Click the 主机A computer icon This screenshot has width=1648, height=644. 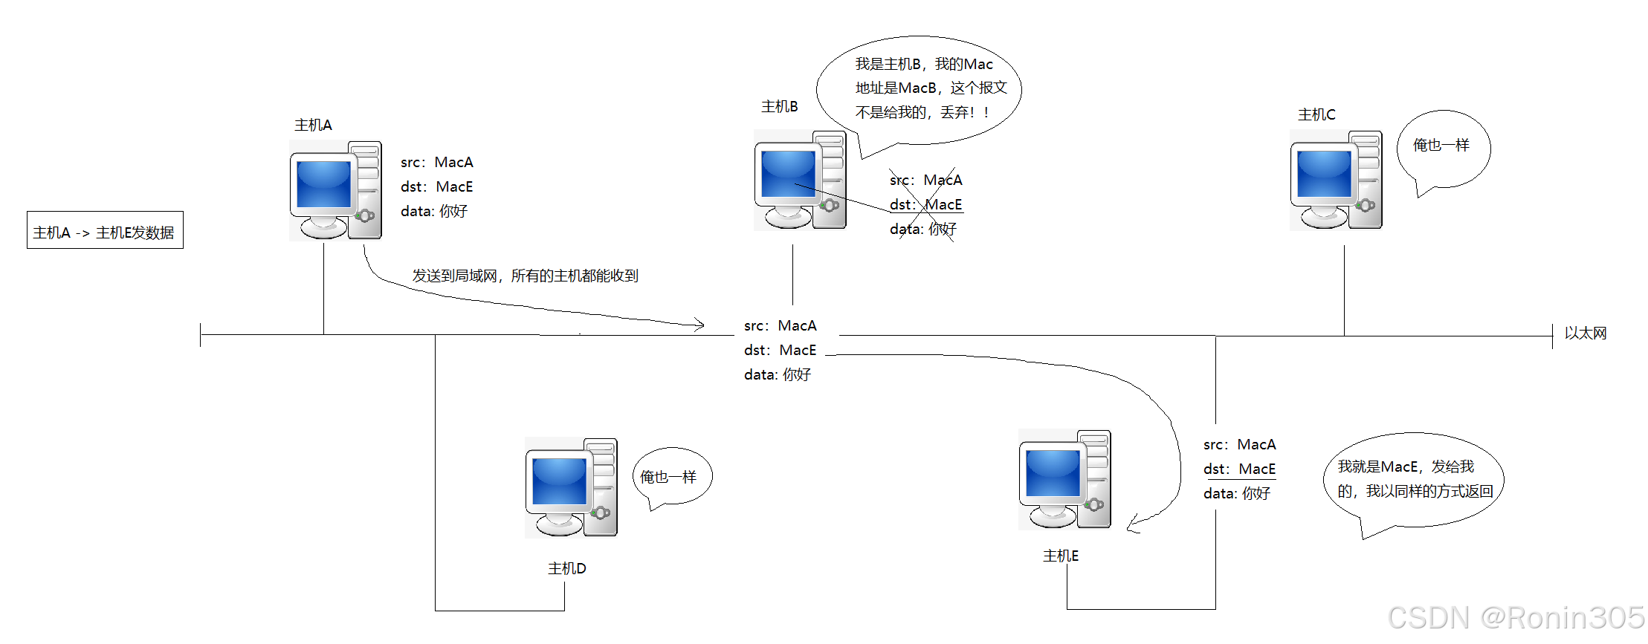pos(335,190)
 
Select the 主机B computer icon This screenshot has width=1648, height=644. pos(800,180)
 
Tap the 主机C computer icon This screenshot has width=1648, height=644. pos(1336,180)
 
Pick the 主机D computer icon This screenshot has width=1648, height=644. pos(571,487)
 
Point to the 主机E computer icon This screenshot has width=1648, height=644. pos(1064,479)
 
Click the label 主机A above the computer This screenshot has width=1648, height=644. pos(313,125)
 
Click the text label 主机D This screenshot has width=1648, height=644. pos(566,568)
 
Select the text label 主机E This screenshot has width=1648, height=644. pos(1060,556)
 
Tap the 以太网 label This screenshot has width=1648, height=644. pos(1585,333)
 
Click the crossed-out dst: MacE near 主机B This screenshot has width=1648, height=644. pos(925,204)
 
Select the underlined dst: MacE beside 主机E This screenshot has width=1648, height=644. pos(1239,469)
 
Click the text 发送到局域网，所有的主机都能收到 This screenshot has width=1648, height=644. pos(525,276)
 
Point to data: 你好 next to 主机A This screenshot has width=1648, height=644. pos(434,211)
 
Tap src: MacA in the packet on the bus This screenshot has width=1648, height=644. pos(780,325)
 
